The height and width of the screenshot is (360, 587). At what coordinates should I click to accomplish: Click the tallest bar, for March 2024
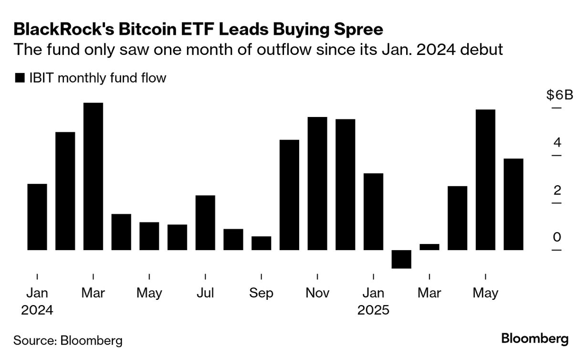click(x=93, y=176)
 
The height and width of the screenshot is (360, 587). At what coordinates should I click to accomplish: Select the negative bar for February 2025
click(x=401, y=259)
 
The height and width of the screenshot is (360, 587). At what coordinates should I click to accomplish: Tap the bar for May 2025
click(x=485, y=180)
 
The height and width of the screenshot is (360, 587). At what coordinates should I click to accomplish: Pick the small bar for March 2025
click(x=429, y=247)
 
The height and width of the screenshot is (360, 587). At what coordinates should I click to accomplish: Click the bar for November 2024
click(x=317, y=183)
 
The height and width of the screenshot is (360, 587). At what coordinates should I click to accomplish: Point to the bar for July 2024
click(x=205, y=222)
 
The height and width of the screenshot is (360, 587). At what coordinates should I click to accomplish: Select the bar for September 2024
click(x=261, y=243)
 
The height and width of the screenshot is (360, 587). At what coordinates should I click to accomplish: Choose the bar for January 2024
click(x=37, y=217)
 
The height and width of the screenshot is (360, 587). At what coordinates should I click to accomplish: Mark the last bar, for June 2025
click(x=514, y=204)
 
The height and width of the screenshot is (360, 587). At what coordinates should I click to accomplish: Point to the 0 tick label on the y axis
click(x=556, y=238)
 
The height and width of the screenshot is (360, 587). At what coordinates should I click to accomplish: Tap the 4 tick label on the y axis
click(x=556, y=143)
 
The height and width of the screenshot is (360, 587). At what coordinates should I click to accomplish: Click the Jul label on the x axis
click(x=205, y=293)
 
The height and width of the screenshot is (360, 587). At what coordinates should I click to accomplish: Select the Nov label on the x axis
click(x=317, y=293)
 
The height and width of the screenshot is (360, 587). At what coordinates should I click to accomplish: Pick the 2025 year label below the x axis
click(x=373, y=310)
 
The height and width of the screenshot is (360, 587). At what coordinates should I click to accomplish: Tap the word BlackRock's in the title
click(x=66, y=30)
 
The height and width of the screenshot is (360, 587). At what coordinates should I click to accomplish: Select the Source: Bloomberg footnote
click(x=68, y=340)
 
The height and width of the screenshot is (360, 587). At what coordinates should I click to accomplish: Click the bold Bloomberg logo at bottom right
click(x=535, y=339)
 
